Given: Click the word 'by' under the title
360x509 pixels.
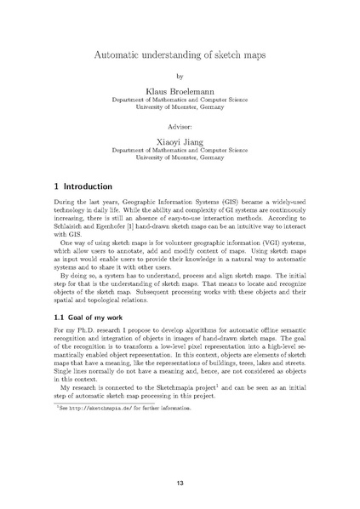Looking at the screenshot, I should point(180,76).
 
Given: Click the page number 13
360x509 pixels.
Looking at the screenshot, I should point(180,482).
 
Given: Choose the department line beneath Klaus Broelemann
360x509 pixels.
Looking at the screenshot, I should point(180,100).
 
